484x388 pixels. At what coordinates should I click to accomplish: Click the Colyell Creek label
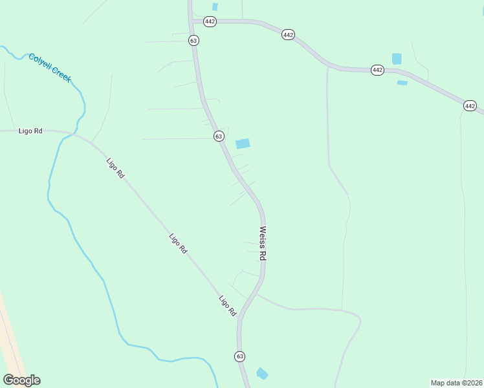click(50, 68)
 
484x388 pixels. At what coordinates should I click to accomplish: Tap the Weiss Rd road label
click(263, 242)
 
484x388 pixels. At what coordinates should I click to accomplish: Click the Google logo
click(21, 380)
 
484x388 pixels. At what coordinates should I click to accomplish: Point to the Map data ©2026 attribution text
click(456, 383)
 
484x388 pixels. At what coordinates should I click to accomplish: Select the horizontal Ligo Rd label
click(30, 131)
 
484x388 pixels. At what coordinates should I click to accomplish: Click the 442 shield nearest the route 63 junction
click(210, 21)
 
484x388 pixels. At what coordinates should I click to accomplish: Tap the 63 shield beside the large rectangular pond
click(219, 136)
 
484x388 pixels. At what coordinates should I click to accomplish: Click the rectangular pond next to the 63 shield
click(243, 144)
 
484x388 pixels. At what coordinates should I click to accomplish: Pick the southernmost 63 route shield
click(240, 356)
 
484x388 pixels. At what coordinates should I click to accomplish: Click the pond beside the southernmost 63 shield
click(262, 374)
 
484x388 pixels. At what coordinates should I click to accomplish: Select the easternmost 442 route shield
click(470, 105)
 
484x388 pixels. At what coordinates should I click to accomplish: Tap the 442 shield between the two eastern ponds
click(378, 70)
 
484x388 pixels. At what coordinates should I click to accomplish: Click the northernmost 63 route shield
click(193, 40)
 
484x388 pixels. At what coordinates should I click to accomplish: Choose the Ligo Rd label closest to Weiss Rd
click(228, 306)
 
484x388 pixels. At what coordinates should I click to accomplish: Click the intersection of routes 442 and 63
click(193, 21)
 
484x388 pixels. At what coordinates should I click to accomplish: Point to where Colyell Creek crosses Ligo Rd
click(64, 137)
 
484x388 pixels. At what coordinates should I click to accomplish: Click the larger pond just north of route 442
click(397, 59)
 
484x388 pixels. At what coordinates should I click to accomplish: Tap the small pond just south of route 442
click(402, 83)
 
